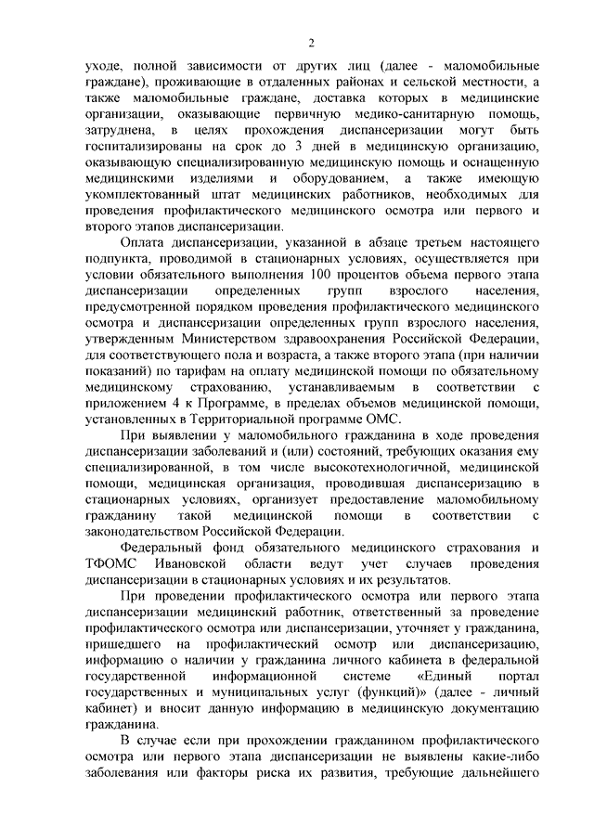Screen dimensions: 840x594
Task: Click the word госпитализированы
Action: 143,148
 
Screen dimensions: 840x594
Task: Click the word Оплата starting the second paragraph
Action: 148,241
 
